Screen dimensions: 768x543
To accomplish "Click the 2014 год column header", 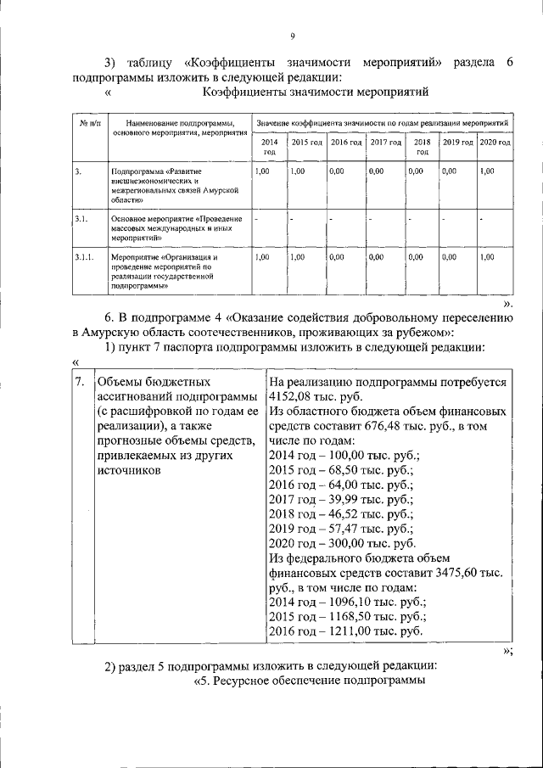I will tap(269, 146).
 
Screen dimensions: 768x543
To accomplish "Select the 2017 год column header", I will tap(385, 142).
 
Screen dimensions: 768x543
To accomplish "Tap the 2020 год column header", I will tap(495, 142).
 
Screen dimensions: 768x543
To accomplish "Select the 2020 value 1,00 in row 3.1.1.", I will tap(486, 255).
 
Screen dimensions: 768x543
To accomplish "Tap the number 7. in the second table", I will tap(79, 382).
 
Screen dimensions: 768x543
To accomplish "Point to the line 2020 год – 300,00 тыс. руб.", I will tap(341, 543).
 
